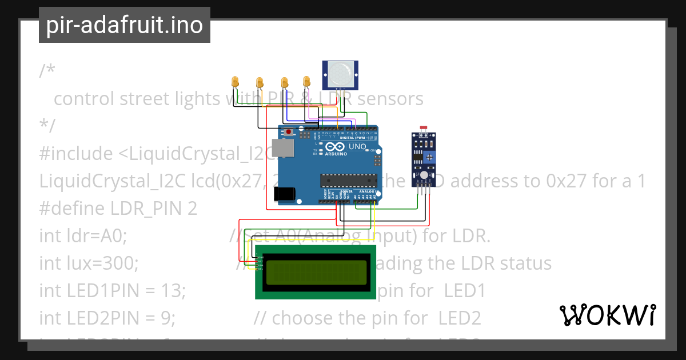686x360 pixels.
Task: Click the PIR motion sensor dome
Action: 341,73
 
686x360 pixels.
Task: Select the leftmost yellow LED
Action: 235,82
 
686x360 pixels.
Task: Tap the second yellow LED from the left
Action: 259,82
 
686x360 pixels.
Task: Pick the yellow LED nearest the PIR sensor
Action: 306,81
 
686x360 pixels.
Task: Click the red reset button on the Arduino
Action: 289,132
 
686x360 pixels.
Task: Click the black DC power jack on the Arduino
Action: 285,194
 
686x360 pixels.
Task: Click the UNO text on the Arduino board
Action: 357,147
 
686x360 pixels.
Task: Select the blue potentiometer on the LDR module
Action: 428,156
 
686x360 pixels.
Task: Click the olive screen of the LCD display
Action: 316,272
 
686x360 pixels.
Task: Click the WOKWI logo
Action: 608,315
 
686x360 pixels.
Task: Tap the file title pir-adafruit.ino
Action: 124,25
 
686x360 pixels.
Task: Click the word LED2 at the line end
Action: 460,318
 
